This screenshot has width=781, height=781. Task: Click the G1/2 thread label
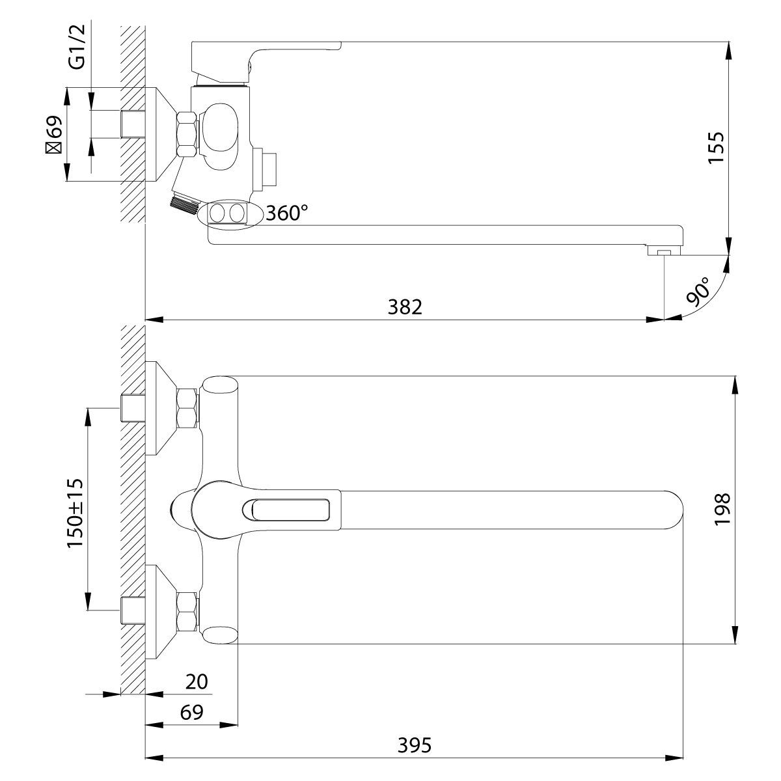pyautogui.click(x=77, y=47)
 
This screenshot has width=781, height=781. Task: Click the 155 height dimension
pyautogui.click(x=716, y=146)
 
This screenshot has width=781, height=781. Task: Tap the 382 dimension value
pyautogui.click(x=405, y=307)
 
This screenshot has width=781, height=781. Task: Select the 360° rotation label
pyautogui.click(x=287, y=212)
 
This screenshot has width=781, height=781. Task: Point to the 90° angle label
pyautogui.click(x=699, y=291)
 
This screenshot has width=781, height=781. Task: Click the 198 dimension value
pyautogui.click(x=722, y=510)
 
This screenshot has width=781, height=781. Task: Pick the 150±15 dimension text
pyautogui.click(x=75, y=513)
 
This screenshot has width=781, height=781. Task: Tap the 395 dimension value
pyautogui.click(x=414, y=745)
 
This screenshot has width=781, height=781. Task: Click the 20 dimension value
pyautogui.click(x=197, y=681)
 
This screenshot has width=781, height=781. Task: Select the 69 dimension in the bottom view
pyautogui.click(x=192, y=713)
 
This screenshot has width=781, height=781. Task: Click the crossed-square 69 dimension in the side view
pyautogui.click(x=54, y=134)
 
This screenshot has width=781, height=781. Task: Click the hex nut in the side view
pyautogui.click(x=187, y=134)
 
